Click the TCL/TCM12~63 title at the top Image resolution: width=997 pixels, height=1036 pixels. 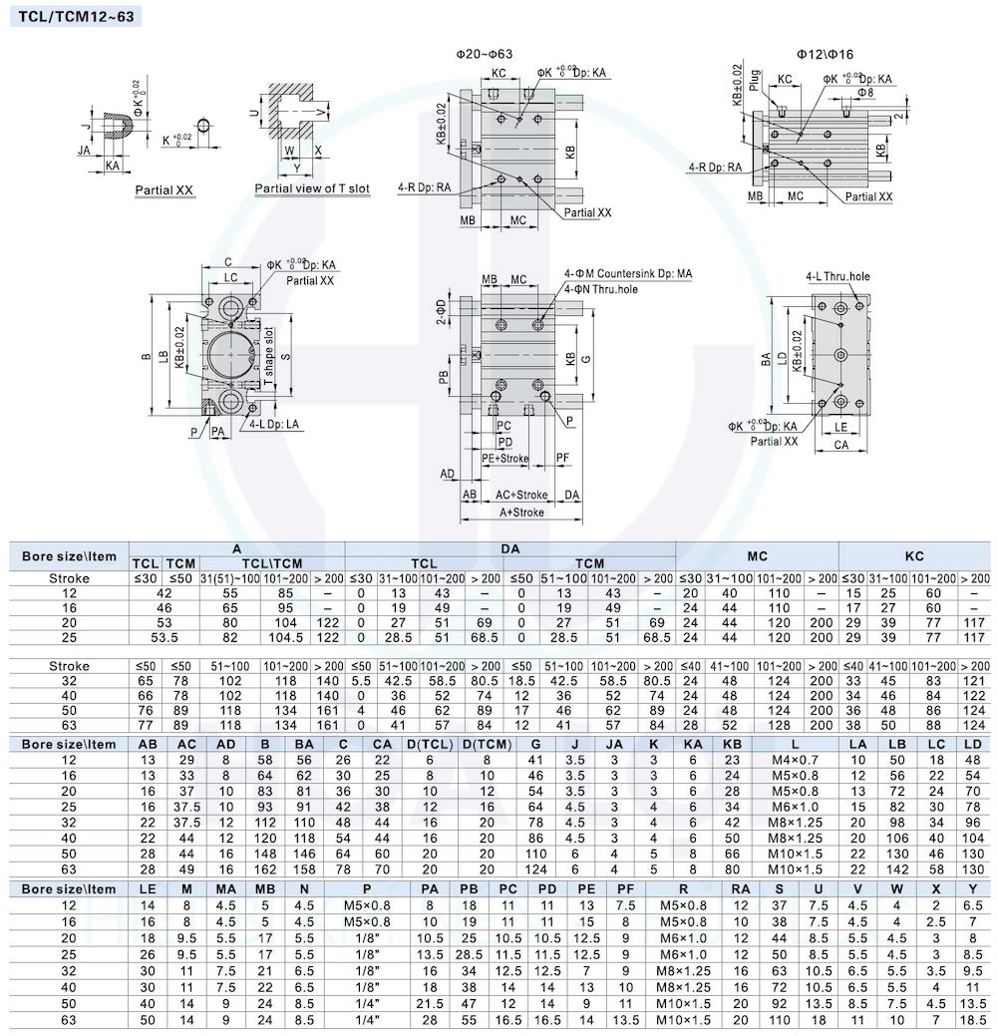click(x=76, y=16)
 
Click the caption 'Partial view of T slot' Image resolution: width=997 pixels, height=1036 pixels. click(x=312, y=188)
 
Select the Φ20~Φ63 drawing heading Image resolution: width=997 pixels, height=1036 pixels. click(x=485, y=54)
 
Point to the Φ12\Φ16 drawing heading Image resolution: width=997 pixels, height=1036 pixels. click(x=825, y=54)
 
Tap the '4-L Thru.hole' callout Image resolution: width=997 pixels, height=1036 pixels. click(x=837, y=276)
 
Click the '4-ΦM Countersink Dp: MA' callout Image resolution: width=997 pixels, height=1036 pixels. click(x=628, y=273)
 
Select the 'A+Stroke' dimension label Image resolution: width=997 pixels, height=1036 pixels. click(x=522, y=513)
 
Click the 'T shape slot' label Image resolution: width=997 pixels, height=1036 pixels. click(x=269, y=357)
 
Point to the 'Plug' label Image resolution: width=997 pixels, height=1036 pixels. click(x=755, y=81)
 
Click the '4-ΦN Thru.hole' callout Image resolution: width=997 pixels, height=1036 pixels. click(x=601, y=289)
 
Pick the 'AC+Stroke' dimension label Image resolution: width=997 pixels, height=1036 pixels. click(x=522, y=495)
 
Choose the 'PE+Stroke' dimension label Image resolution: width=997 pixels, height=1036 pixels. click(x=505, y=458)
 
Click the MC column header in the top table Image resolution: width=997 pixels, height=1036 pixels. click(x=757, y=556)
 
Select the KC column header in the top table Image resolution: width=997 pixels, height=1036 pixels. click(x=914, y=556)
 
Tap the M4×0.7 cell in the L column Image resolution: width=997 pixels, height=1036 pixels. click(x=795, y=761)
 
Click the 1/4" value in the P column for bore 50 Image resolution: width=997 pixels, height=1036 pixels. click(x=367, y=1004)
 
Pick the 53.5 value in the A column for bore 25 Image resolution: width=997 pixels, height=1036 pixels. click(x=164, y=637)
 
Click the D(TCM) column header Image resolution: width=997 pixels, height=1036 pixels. click(x=487, y=744)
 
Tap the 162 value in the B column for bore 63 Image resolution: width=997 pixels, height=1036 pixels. click(x=265, y=869)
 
